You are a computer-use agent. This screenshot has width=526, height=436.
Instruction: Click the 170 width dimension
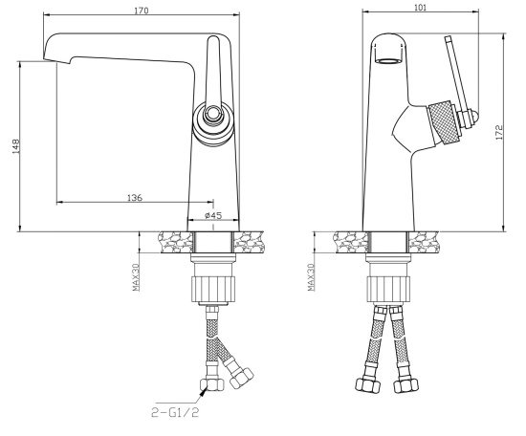pyautogui.click(x=142, y=11)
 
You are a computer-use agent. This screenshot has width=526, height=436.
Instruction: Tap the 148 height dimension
pyautogui.click(x=15, y=146)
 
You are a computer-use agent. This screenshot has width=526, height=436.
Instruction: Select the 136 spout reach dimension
pyautogui.click(x=135, y=198)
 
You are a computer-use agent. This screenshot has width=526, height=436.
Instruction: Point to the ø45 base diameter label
pyautogui.click(x=212, y=215)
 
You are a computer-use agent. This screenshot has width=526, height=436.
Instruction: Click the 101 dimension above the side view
pyautogui.click(x=421, y=8)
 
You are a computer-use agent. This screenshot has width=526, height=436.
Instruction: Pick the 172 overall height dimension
pyautogui.click(x=499, y=132)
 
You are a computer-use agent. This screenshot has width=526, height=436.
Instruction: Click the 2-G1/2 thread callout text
pyautogui.click(x=175, y=412)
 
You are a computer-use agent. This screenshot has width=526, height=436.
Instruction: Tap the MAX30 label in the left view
pyautogui.click(x=136, y=276)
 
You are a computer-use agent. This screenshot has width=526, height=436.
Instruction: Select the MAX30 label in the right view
pyautogui.click(x=311, y=276)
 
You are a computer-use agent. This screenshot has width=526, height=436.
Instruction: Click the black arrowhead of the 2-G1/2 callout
pyautogui.click(x=204, y=390)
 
